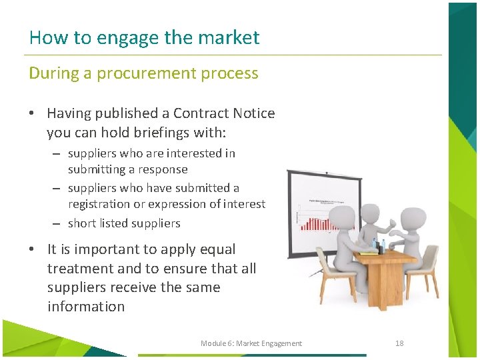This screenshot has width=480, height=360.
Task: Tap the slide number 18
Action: (x=399, y=343)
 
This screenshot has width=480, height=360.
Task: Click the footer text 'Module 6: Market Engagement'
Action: (x=251, y=343)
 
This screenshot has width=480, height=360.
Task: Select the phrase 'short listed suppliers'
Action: (x=124, y=223)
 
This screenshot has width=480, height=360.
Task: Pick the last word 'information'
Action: (x=86, y=307)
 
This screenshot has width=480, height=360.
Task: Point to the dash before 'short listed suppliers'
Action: (x=57, y=223)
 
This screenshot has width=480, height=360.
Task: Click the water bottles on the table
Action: (x=378, y=245)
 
